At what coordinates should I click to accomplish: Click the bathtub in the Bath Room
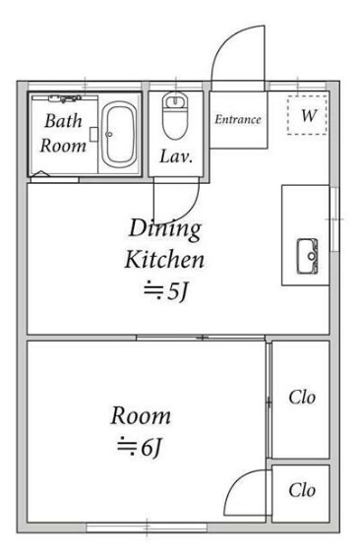[x=119, y=135]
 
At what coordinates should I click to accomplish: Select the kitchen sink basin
[x=307, y=256]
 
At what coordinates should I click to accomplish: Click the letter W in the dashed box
[x=309, y=116]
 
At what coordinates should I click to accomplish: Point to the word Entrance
[x=238, y=120]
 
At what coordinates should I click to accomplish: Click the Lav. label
[x=176, y=156]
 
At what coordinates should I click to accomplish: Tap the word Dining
[x=165, y=229]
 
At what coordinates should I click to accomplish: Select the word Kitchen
[x=164, y=260]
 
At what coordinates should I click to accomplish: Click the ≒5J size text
[x=165, y=291]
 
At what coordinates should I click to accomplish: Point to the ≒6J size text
[x=140, y=447]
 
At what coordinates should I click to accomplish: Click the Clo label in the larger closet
[x=302, y=398]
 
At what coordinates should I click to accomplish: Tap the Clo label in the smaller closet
[x=302, y=490]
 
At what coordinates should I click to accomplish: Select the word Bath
[x=63, y=121]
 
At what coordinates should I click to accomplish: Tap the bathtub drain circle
[x=109, y=135]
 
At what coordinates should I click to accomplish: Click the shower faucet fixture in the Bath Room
[x=65, y=98]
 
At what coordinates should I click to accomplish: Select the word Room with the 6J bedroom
[x=141, y=416]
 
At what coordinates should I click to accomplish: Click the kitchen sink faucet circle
[x=312, y=256]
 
